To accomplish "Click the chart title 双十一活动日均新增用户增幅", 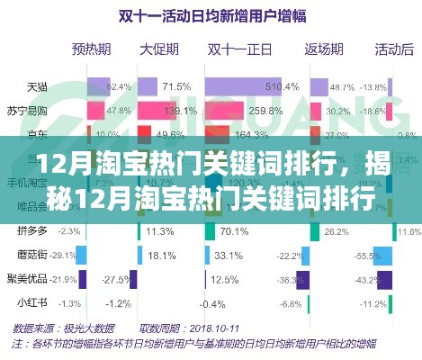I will pos(212,14).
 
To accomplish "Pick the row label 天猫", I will pos(37,87).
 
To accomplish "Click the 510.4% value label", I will pos(282,87).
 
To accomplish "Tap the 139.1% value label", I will pos(188,111).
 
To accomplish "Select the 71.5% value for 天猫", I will pos(177,87).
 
